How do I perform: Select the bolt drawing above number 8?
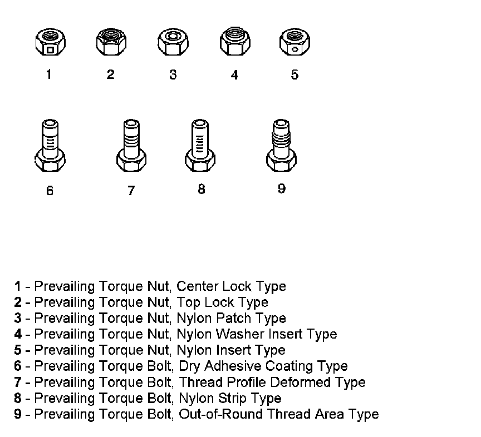click(200, 146)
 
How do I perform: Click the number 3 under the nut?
click(173, 75)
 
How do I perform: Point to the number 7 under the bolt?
click(131, 191)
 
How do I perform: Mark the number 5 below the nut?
click(295, 75)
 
